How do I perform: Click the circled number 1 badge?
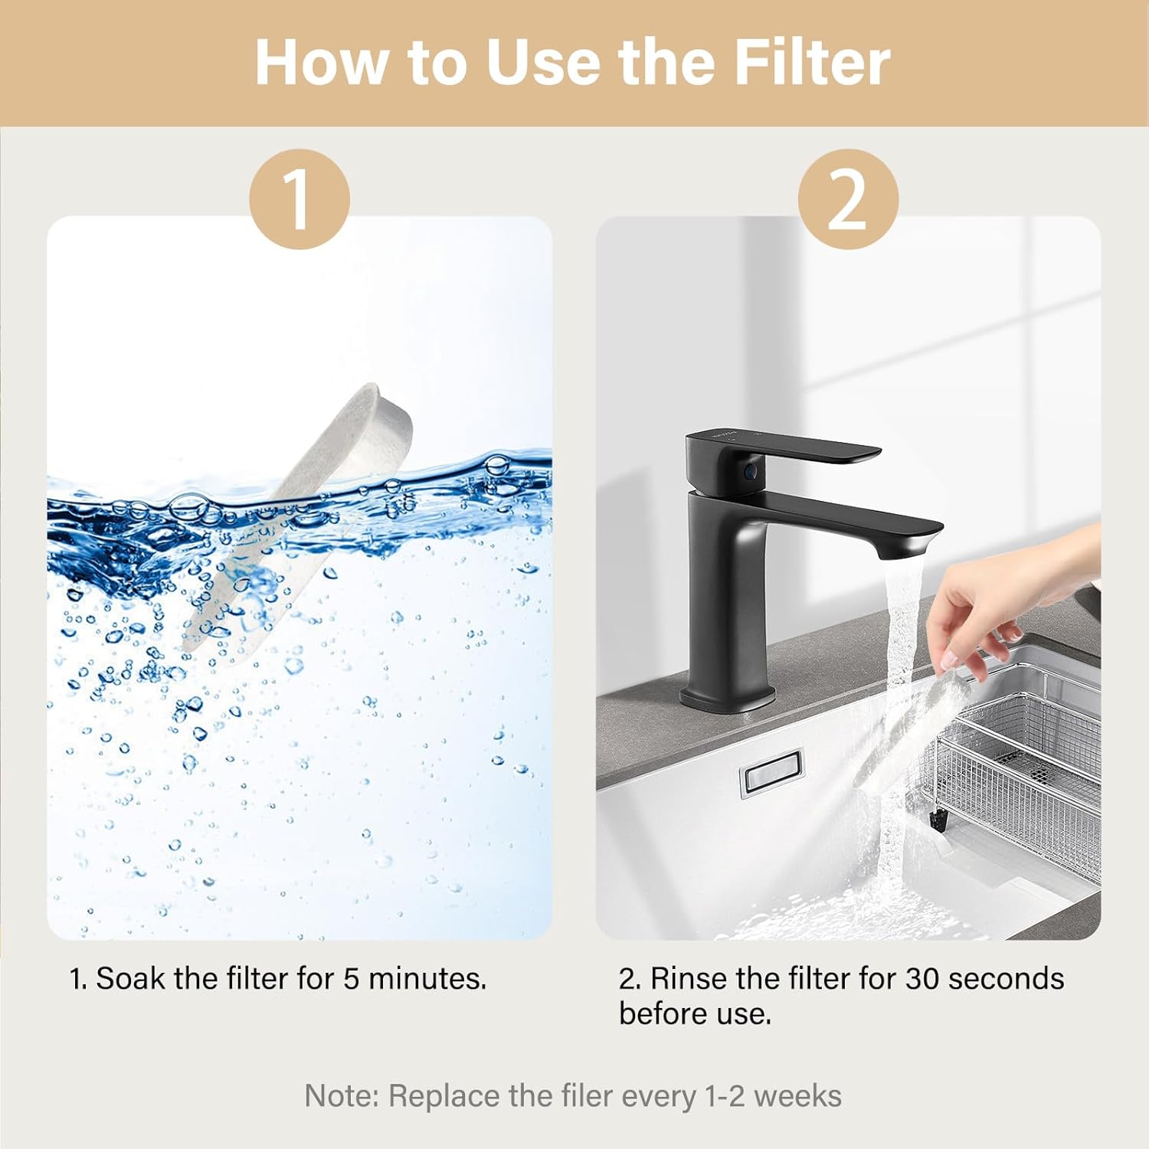pyautogui.click(x=299, y=198)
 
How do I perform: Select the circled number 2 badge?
pyautogui.click(x=847, y=198)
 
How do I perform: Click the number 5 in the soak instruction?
pyautogui.click(x=351, y=979)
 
